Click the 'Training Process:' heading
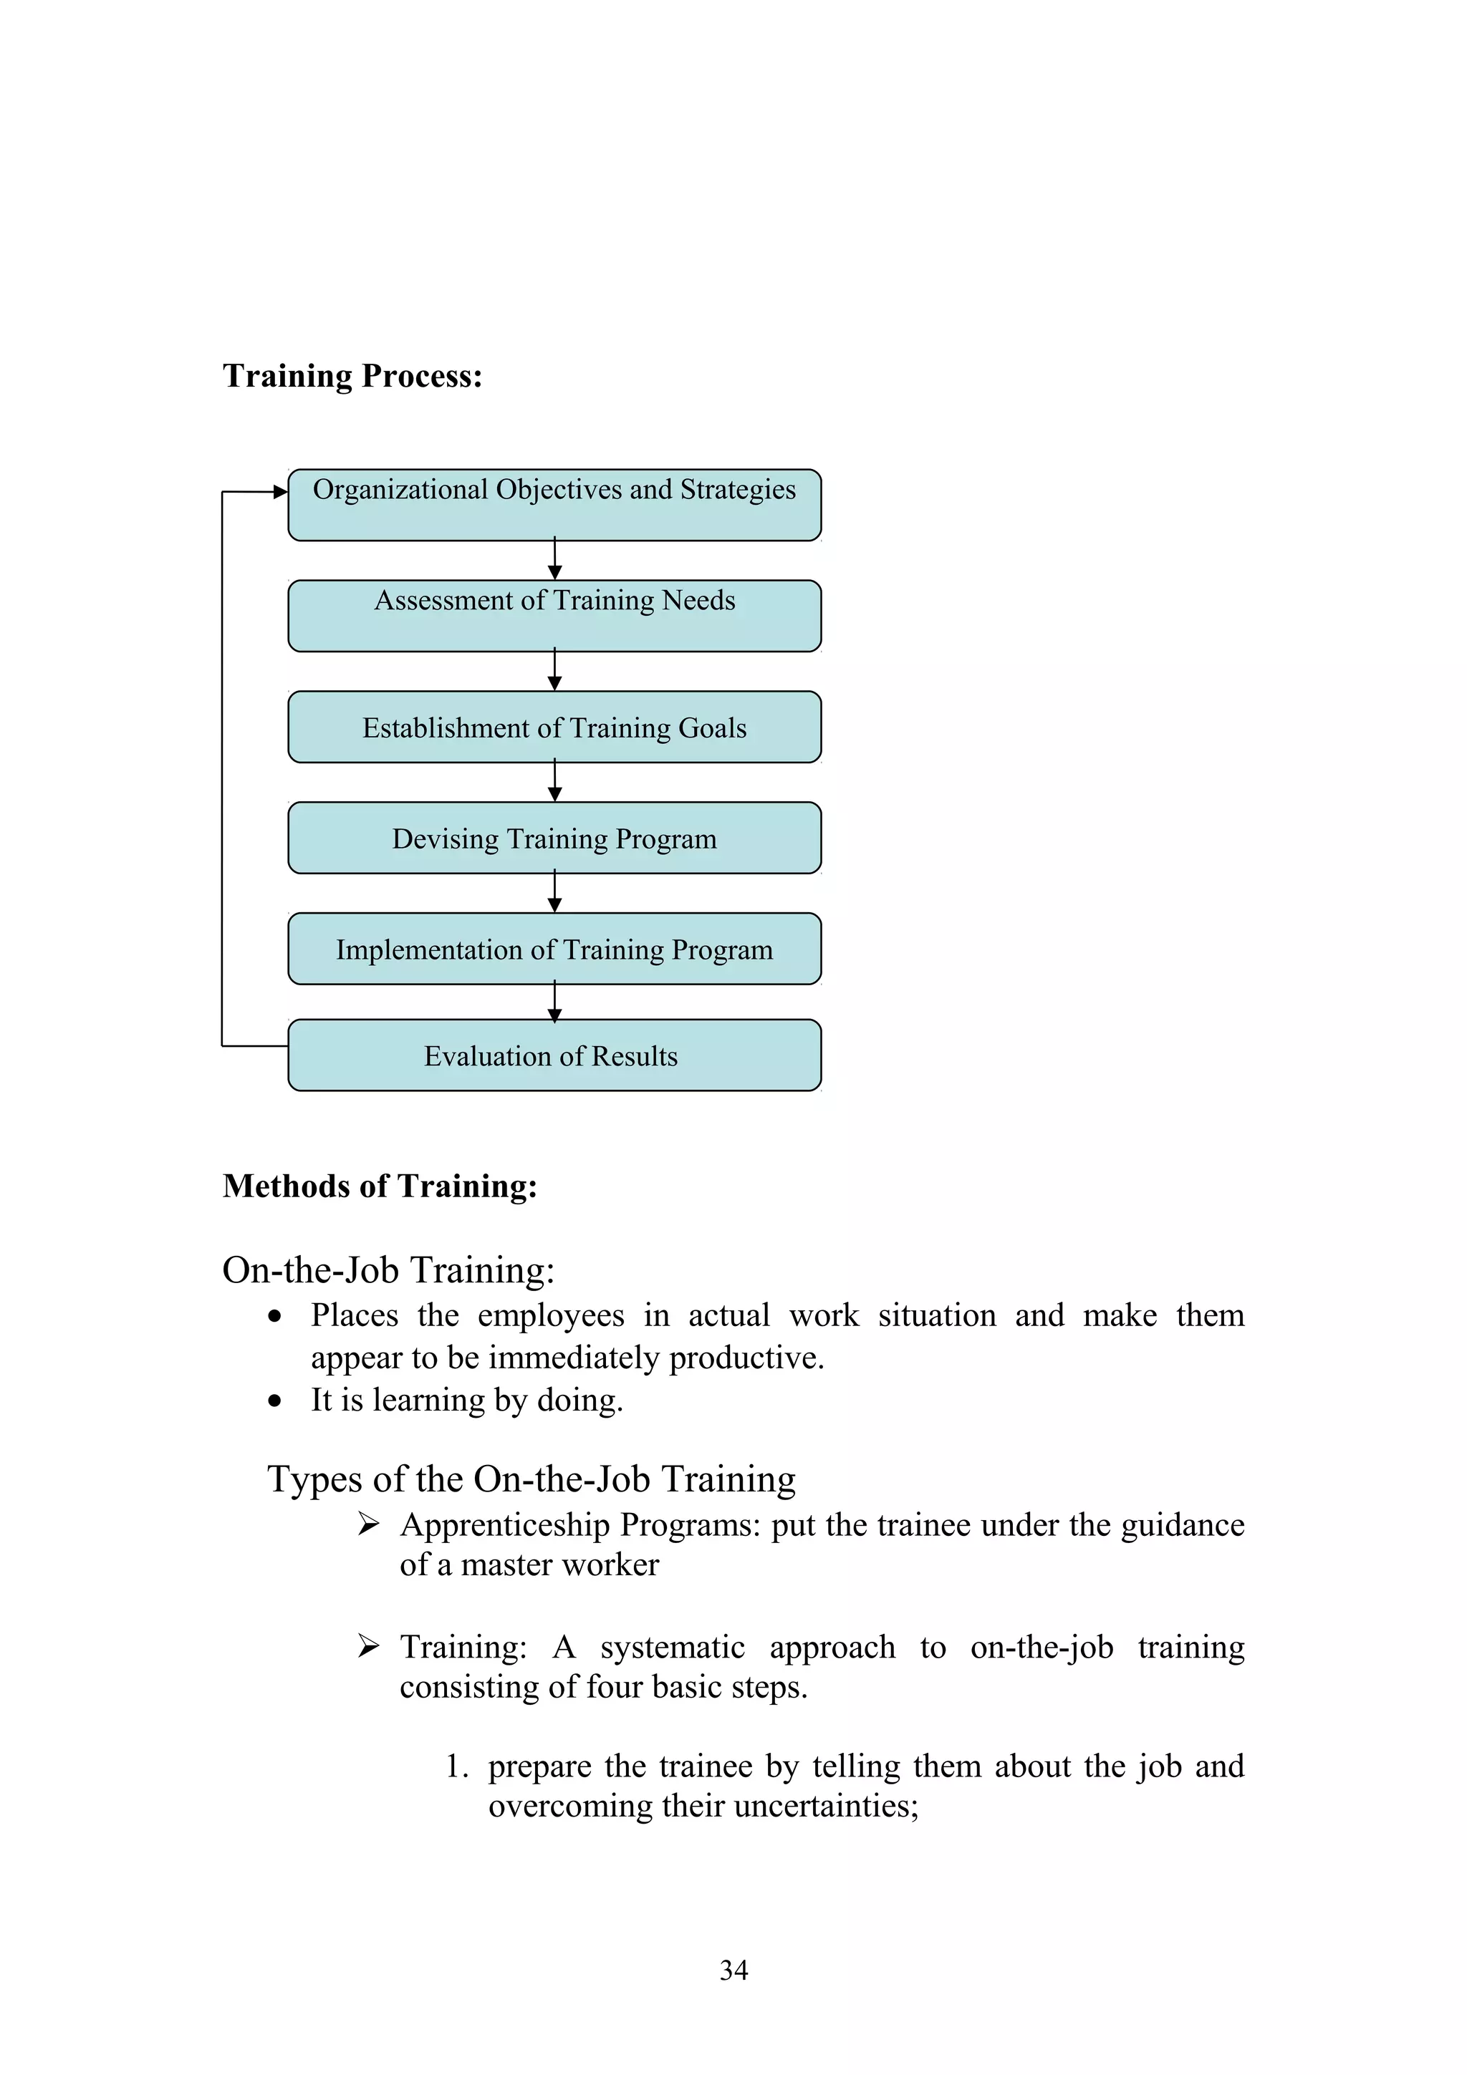pyautogui.click(x=352, y=376)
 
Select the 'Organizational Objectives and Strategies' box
pyautogui.click(x=554, y=506)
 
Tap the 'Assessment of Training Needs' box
pyautogui.click(x=554, y=616)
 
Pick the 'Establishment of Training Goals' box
pyautogui.click(x=554, y=727)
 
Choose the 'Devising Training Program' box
pyautogui.click(x=554, y=838)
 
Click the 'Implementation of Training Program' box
pyautogui.click(x=554, y=948)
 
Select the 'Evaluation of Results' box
pyautogui.click(x=554, y=1055)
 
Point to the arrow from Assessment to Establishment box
pyautogui.click(x=555, y=672)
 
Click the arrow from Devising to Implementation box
pyautogui.click(x=555, y=893)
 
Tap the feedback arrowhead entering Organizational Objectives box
pyautogui.click(x=280, y=492)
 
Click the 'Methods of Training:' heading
pyautogui.click(x=380, y=1186)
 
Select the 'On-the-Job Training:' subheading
pyautogui.click(x=389, y=1269)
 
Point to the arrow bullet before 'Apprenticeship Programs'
pyautogui.click(x=368, y=1524)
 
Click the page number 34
pyautogui.click(x=733, y=1970)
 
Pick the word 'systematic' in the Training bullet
pyautogui.click(x=673, y=1647)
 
